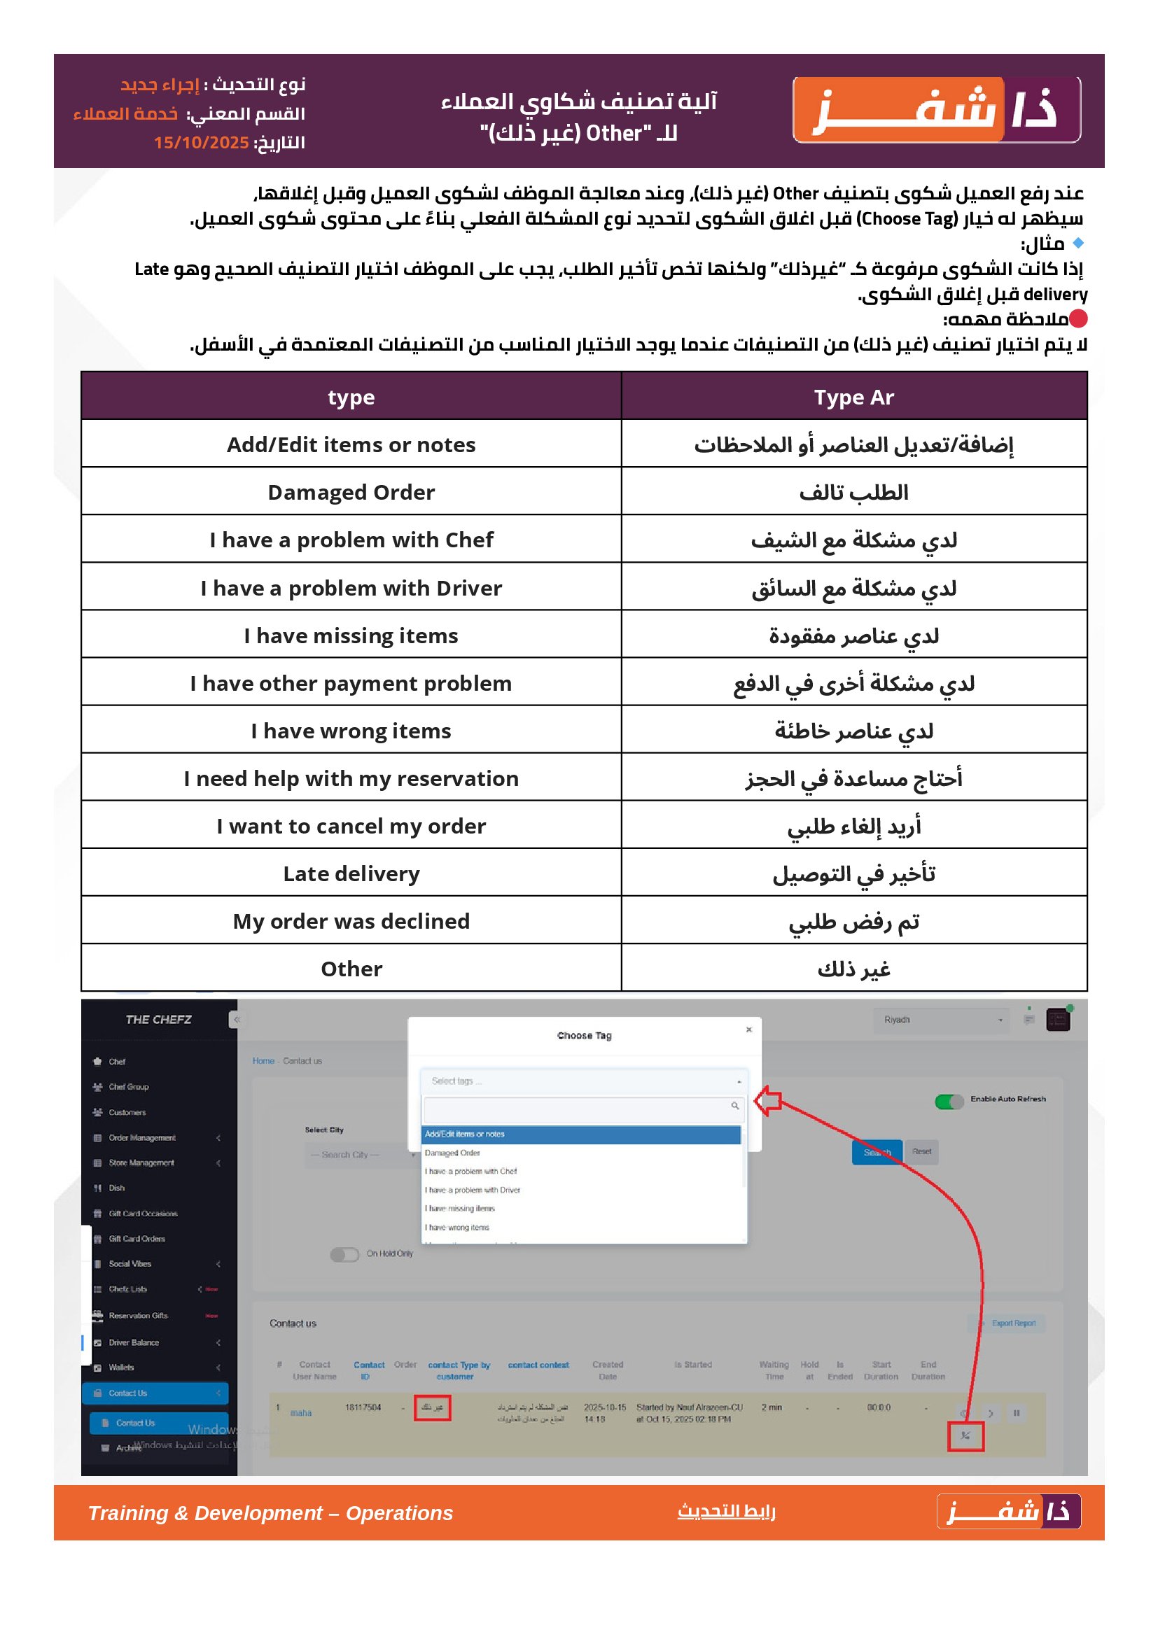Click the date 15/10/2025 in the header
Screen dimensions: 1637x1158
pyautogui.click(x=201, y=143)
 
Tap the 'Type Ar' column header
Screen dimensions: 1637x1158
pyautogui.click(x=853, y=397)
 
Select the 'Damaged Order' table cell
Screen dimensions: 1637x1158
pyautogui.click(x=351, y=492)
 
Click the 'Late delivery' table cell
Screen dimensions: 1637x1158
pyautogui.click(x=351, y=873)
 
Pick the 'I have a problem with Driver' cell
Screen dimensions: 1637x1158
pyautogui.click(x=351, y=588)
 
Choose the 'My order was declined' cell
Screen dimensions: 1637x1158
pyautogui.click(x=351, y=921)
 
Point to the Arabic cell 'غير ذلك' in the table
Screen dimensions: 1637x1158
pyautogui.click(x=853, y=969)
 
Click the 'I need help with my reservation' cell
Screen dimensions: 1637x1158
pyautogui.click(x=351, y=778)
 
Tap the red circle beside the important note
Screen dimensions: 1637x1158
pyautogui.click(x=1078, y=318)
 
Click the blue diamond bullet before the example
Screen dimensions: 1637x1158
pyautogui.click(x=1078, y=243)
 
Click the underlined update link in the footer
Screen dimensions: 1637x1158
pyautogui.click(x=726, y=1511)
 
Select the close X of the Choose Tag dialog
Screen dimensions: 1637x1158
pyautogui.click(x=748, y=1030)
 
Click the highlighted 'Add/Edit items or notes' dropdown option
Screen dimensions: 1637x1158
pyautogui.click(x=581, y=1134)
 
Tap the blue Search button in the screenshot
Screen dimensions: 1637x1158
pyautogui.click(x=877, y=1152)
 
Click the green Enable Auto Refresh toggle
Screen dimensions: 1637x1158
pyautogui.click(x=949, y=1102)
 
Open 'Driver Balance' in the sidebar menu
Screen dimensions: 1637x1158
pyautogui.click(x=134, y=1342)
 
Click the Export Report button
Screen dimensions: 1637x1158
pyautogui.click(x=1012, y=1323)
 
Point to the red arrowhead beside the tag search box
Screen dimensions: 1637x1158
pyautogui.click(x=767, y=1102)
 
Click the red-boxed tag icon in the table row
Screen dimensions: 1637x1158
pyautogui.click(x=965, y=1436)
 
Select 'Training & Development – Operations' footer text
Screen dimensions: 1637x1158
pyautogui.click(x=270, y=1513)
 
